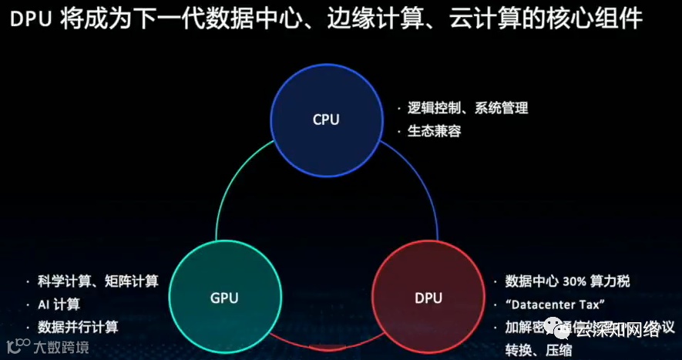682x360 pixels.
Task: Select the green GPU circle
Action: click(x=223, y=298)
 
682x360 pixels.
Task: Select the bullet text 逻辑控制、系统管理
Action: click(x=468, y=108)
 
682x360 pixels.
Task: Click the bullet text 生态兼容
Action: click(x=435, y=131)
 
